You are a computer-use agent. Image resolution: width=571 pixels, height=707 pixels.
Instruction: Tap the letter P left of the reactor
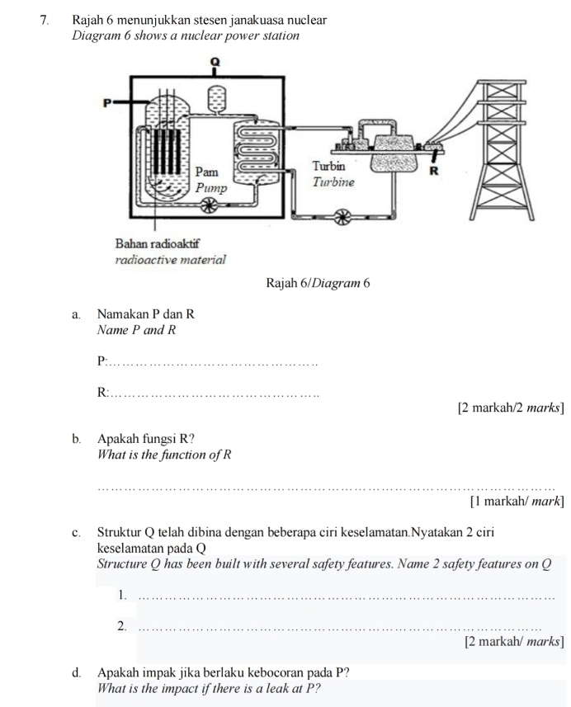106,103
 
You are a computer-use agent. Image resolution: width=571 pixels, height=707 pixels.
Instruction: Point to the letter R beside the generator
438,172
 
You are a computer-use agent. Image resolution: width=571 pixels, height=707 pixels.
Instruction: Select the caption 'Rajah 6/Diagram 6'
318,283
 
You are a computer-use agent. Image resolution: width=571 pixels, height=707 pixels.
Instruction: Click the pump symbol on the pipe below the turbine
338,217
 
